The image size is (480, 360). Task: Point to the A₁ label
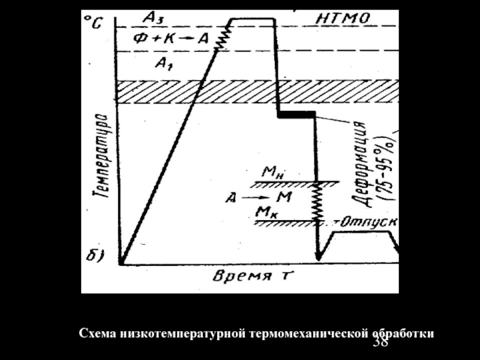pyautogui.click(x=162, y=62)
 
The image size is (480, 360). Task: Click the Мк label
pyautogui.click(x=265, y=211)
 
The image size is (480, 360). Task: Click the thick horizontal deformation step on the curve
pyautogui.click(x=296, y=113)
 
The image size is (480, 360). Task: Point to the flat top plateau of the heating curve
pyautogui.click(x=253, y=19)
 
